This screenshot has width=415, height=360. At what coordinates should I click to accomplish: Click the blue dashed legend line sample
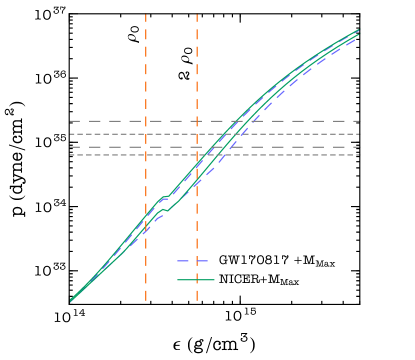point(192,261)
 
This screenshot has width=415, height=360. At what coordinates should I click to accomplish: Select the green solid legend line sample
point(196,280)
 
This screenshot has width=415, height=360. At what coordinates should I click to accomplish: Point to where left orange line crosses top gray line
point(146,121)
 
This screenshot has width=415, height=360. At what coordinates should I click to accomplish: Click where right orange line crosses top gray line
point(197,121)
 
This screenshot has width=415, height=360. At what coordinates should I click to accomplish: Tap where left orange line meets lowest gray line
point(146,155)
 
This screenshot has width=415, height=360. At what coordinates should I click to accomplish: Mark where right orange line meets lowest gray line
point(197,155)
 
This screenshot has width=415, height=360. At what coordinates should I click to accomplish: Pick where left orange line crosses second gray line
point(146,134)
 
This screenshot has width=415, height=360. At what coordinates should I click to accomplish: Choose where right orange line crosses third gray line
point(197,147)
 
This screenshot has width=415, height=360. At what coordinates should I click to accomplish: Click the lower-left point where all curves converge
point(71,299)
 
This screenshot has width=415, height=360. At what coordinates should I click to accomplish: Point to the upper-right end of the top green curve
point(358,30)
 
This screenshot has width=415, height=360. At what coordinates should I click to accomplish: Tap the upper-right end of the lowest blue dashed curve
point(358,39)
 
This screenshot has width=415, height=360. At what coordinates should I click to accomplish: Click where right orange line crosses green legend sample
point(197,280)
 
